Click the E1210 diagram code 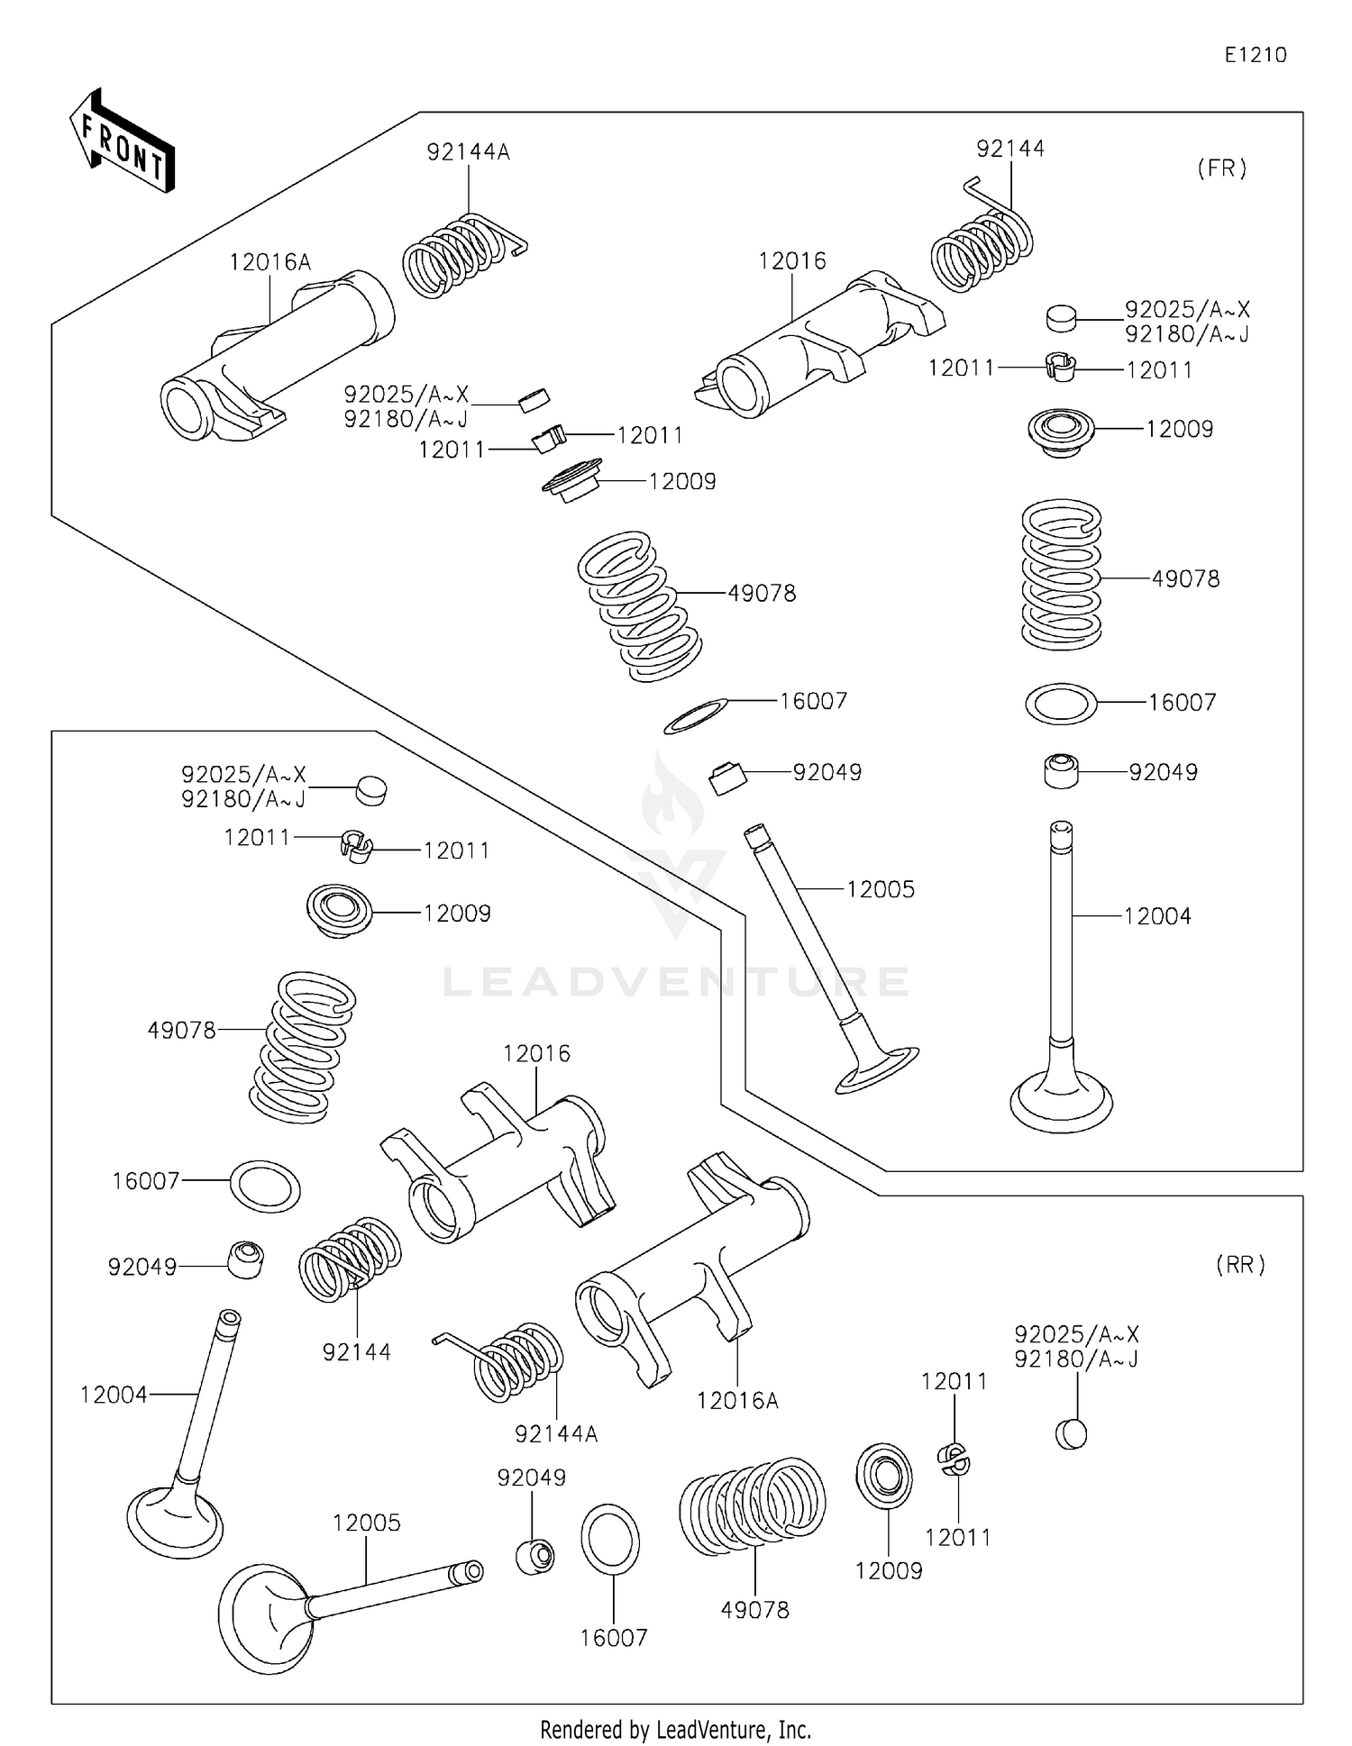click(x=1255, y=55)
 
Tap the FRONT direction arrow click(x=123, y=141)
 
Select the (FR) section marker click(x=1221, y=168)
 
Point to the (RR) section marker click(x=1240, y=1265)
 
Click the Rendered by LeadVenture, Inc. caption click(x=675, y=1730)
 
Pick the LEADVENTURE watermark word click(x=676, y=982)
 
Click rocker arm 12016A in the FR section click(x=275, y=356)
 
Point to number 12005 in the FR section click(x=881, y=889)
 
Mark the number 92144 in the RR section click(x=357, y=1351)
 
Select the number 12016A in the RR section click(x=737, y=1400)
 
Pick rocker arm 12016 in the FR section click(x=820, y=347)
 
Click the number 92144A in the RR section click(x=556, y=1433)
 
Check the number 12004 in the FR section click(x=1157, y=916)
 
